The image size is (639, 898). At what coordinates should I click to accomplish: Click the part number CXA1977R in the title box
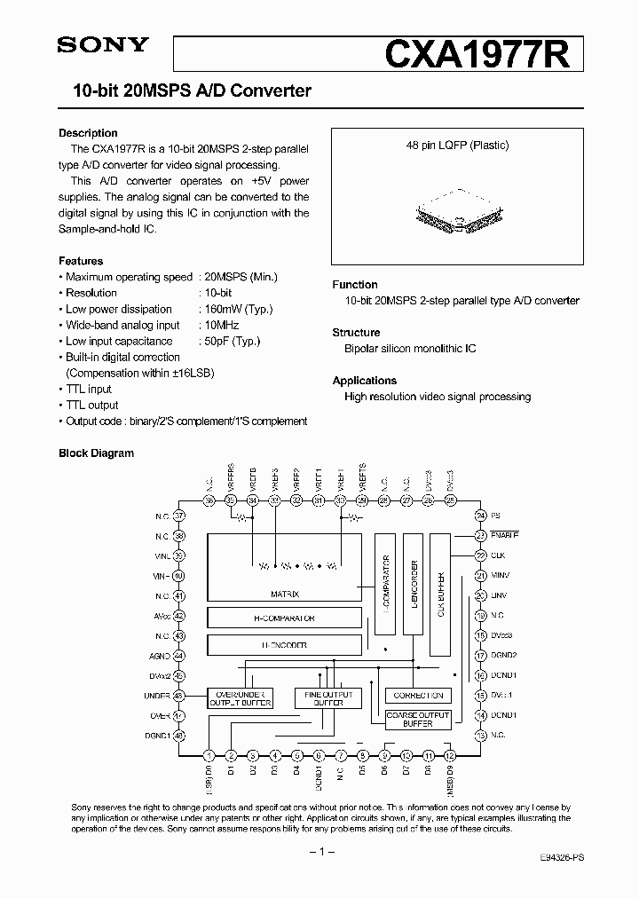484,54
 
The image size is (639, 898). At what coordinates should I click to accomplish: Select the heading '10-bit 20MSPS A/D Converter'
185,91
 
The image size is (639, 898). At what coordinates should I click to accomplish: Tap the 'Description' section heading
88,133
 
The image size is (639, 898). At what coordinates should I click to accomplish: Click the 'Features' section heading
81,261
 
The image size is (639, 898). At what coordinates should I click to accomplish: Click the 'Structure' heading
356,333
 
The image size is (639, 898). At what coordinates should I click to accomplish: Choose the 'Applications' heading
364,381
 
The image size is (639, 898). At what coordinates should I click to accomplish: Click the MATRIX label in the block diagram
284,595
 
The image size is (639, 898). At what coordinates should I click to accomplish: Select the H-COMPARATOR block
284,618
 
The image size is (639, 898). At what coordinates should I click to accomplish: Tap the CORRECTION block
417,696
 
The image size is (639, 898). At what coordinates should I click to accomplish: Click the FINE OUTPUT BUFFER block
328,699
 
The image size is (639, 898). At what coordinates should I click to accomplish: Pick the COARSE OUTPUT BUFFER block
417,719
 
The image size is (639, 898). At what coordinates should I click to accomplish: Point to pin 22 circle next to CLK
480,555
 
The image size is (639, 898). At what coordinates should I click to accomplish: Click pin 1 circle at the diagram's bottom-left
209,755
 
